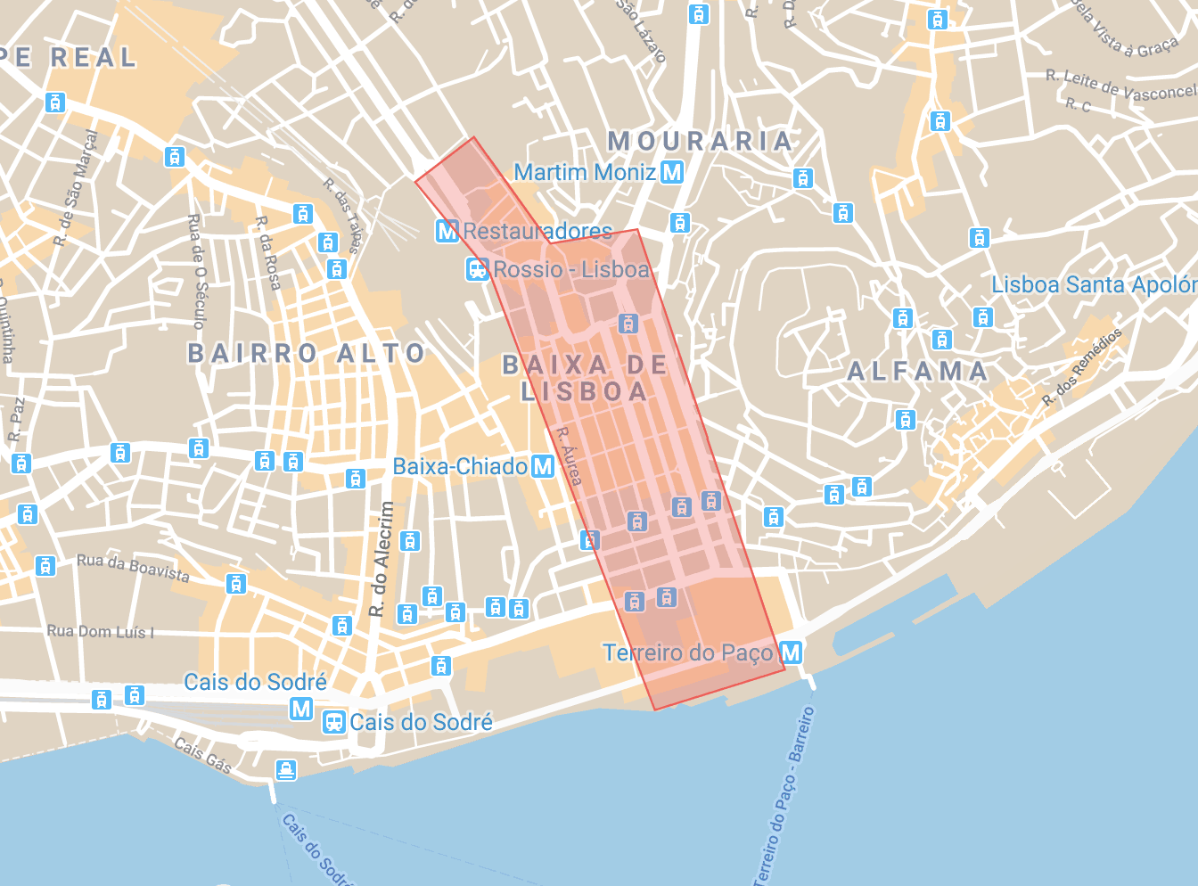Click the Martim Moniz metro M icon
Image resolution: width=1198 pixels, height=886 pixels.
673,172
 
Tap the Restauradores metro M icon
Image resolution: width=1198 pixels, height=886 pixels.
447,231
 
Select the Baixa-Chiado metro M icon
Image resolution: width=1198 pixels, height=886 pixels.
543,466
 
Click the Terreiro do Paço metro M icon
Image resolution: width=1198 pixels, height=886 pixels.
791,652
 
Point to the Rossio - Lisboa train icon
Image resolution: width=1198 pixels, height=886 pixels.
478,269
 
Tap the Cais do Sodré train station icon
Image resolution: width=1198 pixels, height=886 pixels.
334,722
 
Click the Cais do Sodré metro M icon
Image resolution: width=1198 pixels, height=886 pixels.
301,709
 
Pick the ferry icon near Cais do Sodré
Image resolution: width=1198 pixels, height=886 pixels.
286,769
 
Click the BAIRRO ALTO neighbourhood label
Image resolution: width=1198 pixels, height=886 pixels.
307,354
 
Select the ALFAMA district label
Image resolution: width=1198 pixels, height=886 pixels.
917,372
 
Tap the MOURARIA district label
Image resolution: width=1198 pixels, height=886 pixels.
700,141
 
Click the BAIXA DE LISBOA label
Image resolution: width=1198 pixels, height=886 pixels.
585,378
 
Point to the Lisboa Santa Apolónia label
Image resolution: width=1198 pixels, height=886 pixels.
1094,285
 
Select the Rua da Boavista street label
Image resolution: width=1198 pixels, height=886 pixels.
133,568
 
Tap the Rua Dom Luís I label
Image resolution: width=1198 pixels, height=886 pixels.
101,632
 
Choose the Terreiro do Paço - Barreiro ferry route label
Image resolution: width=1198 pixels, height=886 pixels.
784,796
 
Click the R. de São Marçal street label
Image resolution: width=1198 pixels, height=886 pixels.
75,188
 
